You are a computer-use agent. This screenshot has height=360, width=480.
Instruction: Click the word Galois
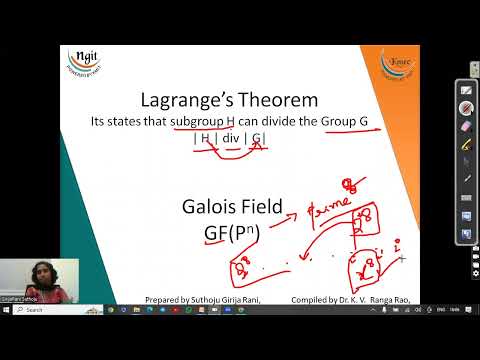pos(212,208)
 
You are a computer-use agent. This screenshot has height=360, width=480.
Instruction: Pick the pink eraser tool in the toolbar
pos(466,128)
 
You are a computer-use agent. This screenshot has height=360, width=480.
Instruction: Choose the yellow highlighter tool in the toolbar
pos(466,145)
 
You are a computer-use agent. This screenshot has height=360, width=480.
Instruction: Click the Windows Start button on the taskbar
pos(7,310)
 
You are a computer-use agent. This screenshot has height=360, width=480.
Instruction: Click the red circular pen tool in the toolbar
pos(466,108)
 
